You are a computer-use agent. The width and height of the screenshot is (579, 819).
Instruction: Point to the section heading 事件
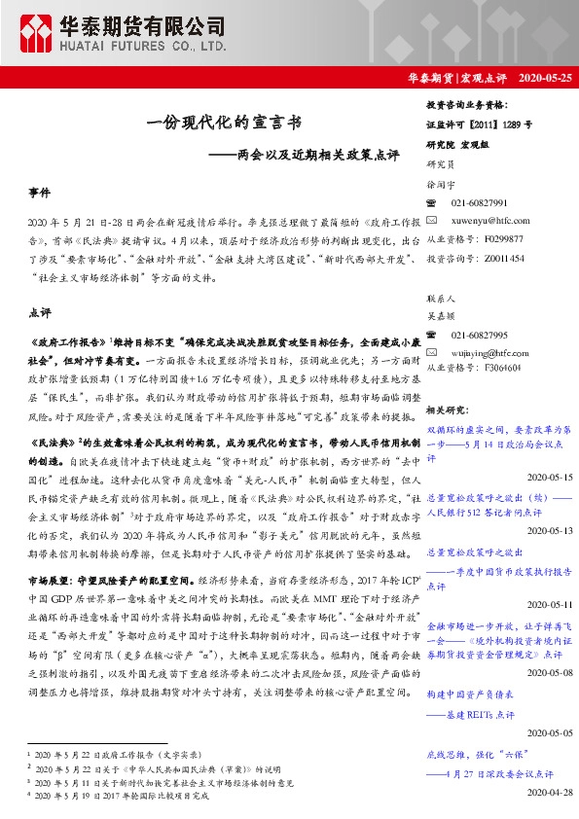click(x=41, y=195)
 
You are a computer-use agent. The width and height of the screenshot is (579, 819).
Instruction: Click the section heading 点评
click(x=41, y=313)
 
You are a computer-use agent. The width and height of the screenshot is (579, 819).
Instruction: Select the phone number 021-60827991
click(x=480, y=202)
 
